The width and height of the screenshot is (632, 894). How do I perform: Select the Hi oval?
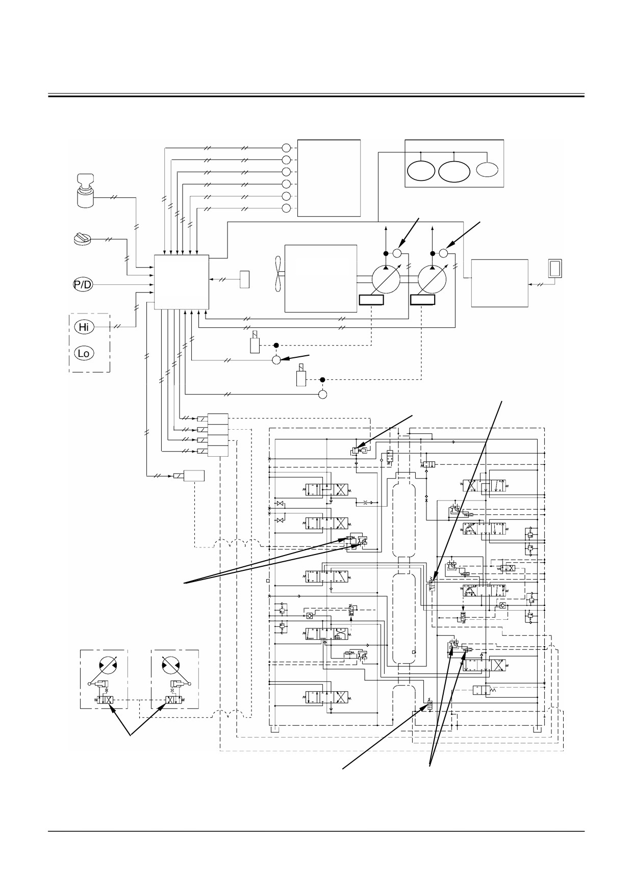pos(84,327)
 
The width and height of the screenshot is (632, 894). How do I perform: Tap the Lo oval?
pos(84,353)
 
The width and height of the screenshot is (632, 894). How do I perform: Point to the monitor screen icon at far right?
pos(554,268)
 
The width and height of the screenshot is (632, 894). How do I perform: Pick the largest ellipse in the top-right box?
pos(454,171)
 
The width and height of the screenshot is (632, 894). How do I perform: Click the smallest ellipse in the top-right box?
pos(488,169)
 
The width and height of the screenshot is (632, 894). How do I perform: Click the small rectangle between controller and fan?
pos(245,279)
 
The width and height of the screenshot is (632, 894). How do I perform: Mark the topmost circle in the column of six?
pos(286,148)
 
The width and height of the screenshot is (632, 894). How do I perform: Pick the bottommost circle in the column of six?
pos(286,208)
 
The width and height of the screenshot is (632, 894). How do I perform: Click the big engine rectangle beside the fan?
pos(320,278)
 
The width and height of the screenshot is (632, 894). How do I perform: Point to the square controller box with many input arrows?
pos(182,282)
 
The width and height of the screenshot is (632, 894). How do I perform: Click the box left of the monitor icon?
pos(499,283)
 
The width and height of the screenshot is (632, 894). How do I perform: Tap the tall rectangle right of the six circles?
pos(329,178)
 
